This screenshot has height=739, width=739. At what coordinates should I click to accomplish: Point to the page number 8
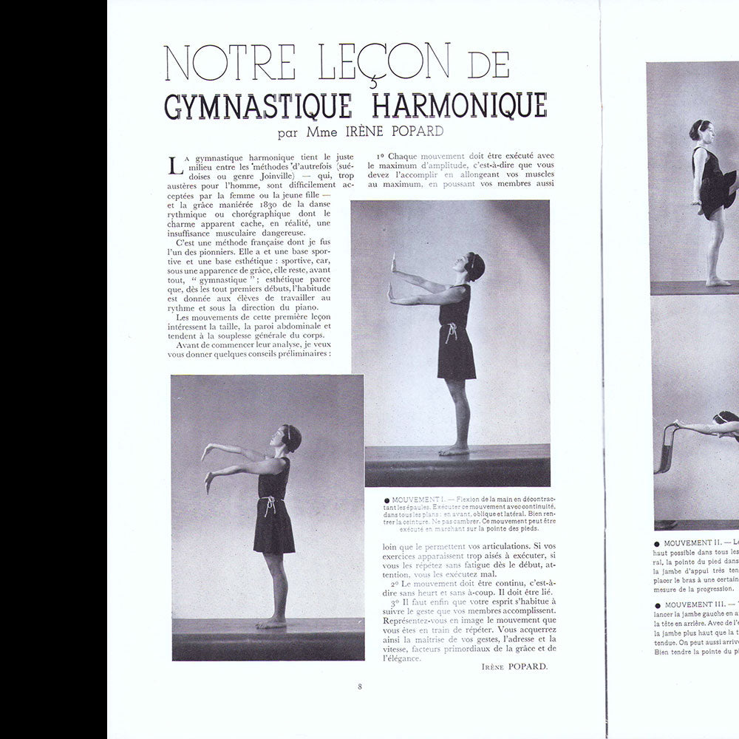[x=360, y=687]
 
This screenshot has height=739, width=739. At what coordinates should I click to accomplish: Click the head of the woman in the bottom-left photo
[x=290, y=438]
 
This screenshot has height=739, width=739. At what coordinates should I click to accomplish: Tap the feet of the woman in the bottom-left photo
[x=271, y=623]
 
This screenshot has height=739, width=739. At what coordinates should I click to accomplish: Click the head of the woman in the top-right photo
[x=701, y=133]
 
